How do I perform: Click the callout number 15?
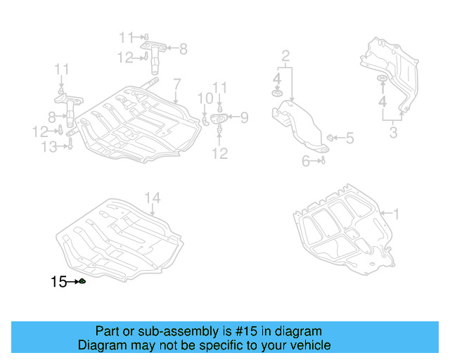point(58,282)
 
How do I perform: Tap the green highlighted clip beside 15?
point(82,282)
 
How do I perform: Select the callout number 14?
point(153,198)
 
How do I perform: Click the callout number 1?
point(395,212)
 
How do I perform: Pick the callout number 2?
point(286,56)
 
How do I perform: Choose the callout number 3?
point(394,133)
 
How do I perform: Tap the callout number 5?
point(349,139)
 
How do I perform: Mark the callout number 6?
point(306,162)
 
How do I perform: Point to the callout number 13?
point(49,146)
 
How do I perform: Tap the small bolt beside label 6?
point(322,161)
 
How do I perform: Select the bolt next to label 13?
point(70,146)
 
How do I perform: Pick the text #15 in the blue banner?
point(231,331)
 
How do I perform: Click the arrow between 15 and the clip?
point(72,282)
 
